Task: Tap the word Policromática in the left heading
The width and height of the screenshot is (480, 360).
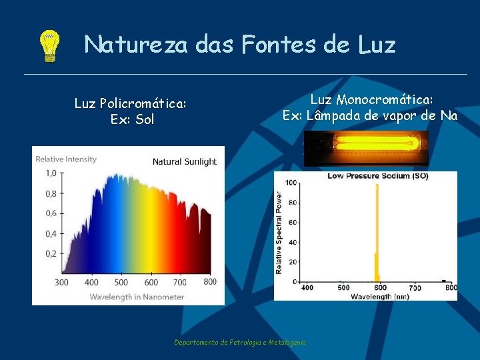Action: [x=142, y=103]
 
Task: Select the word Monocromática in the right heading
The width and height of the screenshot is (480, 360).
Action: [x=385, y=99]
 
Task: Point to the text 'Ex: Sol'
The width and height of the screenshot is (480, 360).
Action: [x=132, y=120]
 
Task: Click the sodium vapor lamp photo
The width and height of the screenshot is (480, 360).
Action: [x=365, y=148]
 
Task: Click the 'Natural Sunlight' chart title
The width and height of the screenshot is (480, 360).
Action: [x=185, y=161]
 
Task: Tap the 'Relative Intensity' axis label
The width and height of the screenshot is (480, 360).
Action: [x=66, y=159]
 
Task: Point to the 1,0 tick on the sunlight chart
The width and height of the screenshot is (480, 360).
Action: [x=50, y=173]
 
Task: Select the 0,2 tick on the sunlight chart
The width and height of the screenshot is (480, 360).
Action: [x=50, y=254]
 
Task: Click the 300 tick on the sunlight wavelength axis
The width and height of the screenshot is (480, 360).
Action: [x=61, y=282]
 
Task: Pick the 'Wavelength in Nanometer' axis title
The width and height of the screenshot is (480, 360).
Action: [x=137, y=296]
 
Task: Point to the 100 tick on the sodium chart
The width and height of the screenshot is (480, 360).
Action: [x=291, y=183]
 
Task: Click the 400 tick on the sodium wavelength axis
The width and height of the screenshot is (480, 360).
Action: [x=307, y=288]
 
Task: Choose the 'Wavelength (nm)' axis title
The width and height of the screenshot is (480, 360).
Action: [x=380, y=295]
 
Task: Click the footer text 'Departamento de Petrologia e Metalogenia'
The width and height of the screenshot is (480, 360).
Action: [x=240, y=342]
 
